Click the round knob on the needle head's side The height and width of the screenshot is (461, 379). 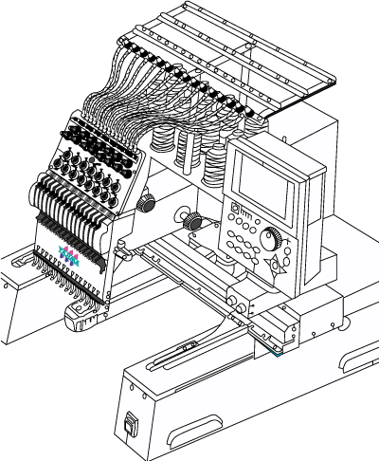[x=147, y=202]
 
